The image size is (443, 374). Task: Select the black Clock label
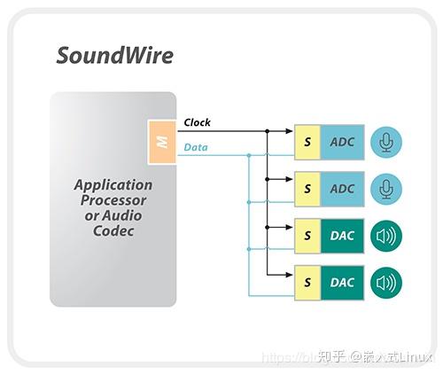197,122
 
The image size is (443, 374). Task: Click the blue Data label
195,147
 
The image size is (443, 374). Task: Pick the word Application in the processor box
113,185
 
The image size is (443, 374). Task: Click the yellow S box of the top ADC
307,142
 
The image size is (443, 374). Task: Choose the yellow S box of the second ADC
307,189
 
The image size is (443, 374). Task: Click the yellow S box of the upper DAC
307,236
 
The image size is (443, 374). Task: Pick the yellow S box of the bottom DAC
307,283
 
